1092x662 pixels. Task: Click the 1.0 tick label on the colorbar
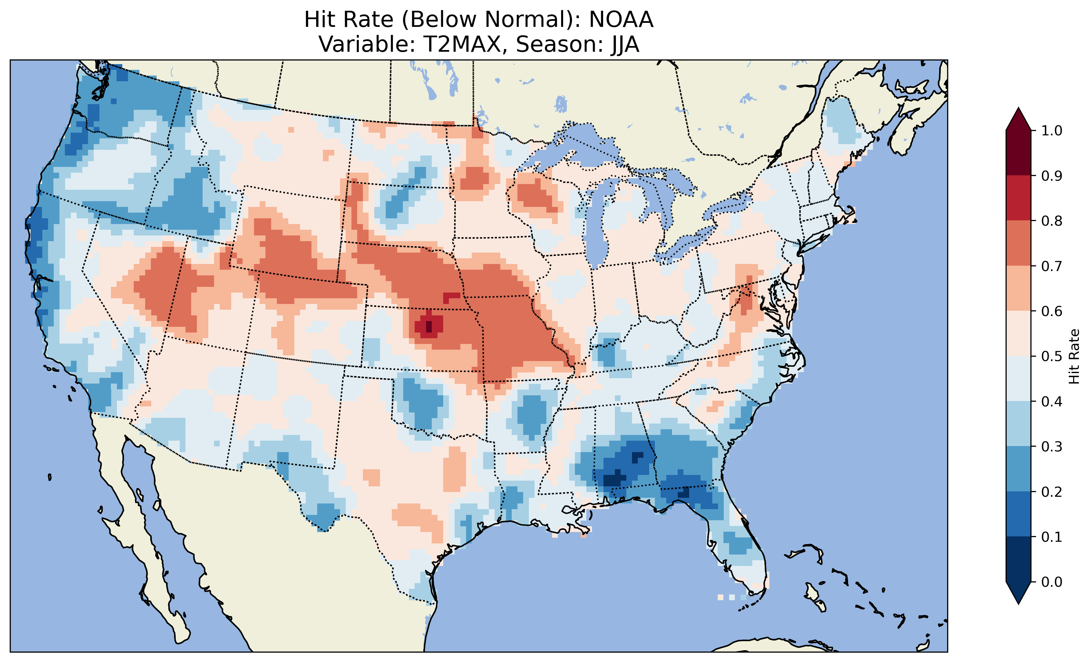(x=1051, y=131)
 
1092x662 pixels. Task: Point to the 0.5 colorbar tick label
(x=1051, y=356)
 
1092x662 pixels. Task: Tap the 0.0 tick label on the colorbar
(x=1051, y=582)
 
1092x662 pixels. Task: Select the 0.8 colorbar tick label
(x=1051, y=221)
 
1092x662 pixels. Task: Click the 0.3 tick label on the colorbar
(x=1051, y=447)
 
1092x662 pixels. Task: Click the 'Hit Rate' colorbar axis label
(x=1074, y=356)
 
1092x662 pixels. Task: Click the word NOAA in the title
(x=621, y=20)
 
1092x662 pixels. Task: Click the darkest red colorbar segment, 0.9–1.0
(x=1018, y=153)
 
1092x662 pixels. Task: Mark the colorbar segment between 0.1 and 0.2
(x=1018, y=514)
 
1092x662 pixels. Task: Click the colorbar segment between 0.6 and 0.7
(x=1018, y=288)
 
